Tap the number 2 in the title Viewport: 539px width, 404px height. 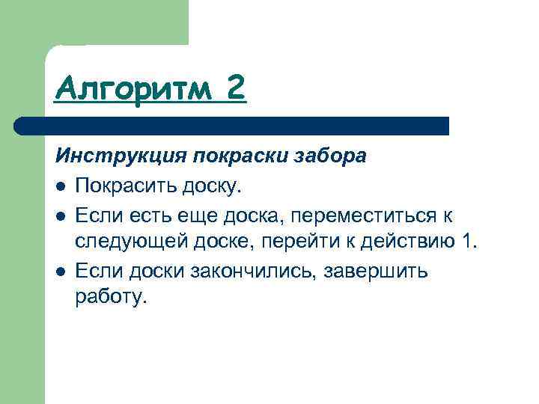(234, 91)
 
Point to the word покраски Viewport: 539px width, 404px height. (237, 157)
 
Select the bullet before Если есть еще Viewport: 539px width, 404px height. (61, 216)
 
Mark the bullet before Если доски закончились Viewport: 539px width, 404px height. (61, 271)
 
